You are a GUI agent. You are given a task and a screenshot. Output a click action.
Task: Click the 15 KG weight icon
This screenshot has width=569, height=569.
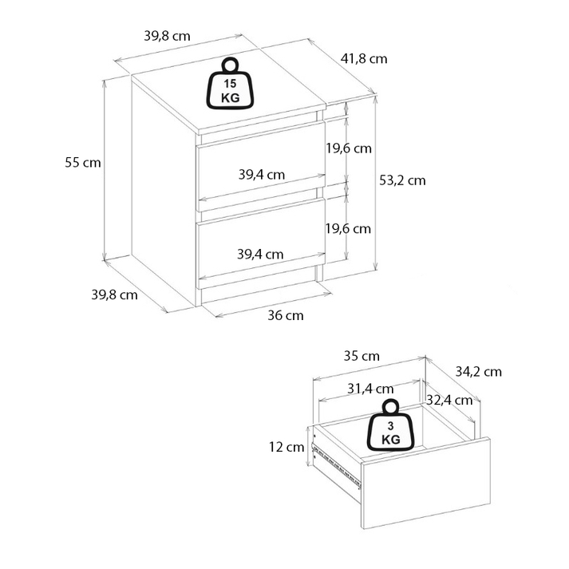tap(230, 84)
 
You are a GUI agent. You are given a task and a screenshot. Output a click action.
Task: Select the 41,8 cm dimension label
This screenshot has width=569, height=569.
tap(364, 58)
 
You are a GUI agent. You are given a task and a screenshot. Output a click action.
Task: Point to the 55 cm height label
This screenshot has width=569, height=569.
tap(83, 162)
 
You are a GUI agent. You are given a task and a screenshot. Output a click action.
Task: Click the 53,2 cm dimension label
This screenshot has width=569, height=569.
tap(402, 180)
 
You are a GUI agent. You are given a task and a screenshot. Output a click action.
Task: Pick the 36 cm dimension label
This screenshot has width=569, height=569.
tap(285, 315)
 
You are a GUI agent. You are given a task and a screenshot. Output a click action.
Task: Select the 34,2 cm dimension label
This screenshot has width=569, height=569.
tap(478, 371)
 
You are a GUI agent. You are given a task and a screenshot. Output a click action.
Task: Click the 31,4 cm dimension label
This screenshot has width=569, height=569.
tap(370, 389)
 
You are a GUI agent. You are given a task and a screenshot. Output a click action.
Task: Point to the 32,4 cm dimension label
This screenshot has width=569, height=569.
tap(448, 399)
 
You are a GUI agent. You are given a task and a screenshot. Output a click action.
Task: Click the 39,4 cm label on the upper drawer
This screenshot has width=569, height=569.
tap(261, 175)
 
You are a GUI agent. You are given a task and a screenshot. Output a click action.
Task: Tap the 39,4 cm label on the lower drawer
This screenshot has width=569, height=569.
tap(260, 255)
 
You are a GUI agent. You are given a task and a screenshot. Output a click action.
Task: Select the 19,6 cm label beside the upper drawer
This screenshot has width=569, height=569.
tap(349, 148)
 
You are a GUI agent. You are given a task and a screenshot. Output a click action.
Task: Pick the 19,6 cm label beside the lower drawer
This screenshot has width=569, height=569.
tap(349, 228)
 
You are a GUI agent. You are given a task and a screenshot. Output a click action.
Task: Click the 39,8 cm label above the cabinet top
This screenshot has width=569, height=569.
tap(167, 36)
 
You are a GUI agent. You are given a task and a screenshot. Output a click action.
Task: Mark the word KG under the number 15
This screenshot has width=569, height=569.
tap(230, 97)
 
